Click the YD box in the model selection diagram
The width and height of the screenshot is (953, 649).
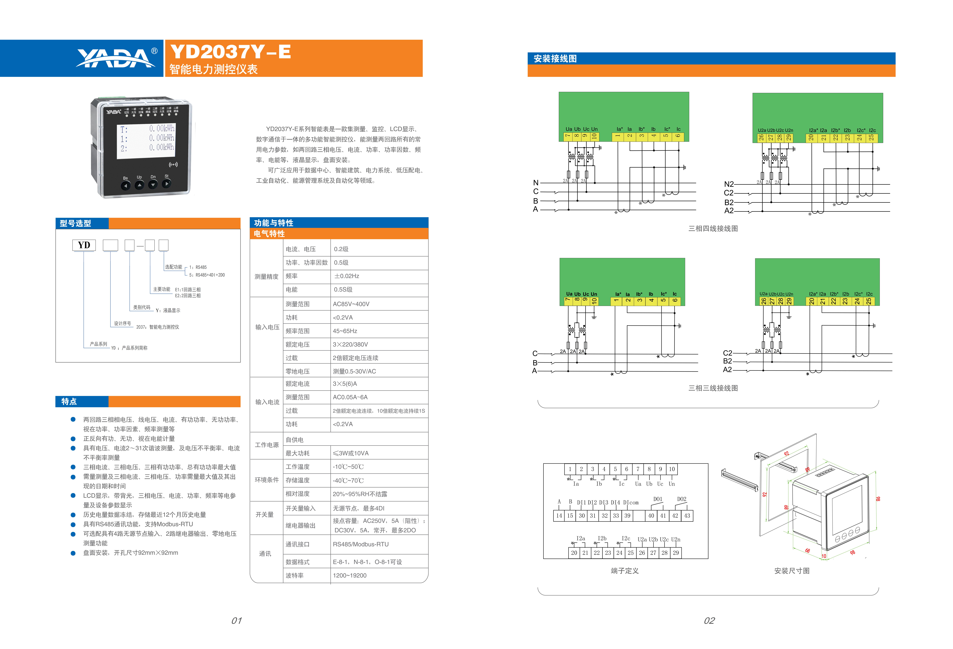(x=84, y=245)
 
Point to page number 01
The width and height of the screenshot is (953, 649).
(x=237, y=620)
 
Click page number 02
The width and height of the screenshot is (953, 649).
(x=709, y=620)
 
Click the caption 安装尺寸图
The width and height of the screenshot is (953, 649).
(x=791, y=571)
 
